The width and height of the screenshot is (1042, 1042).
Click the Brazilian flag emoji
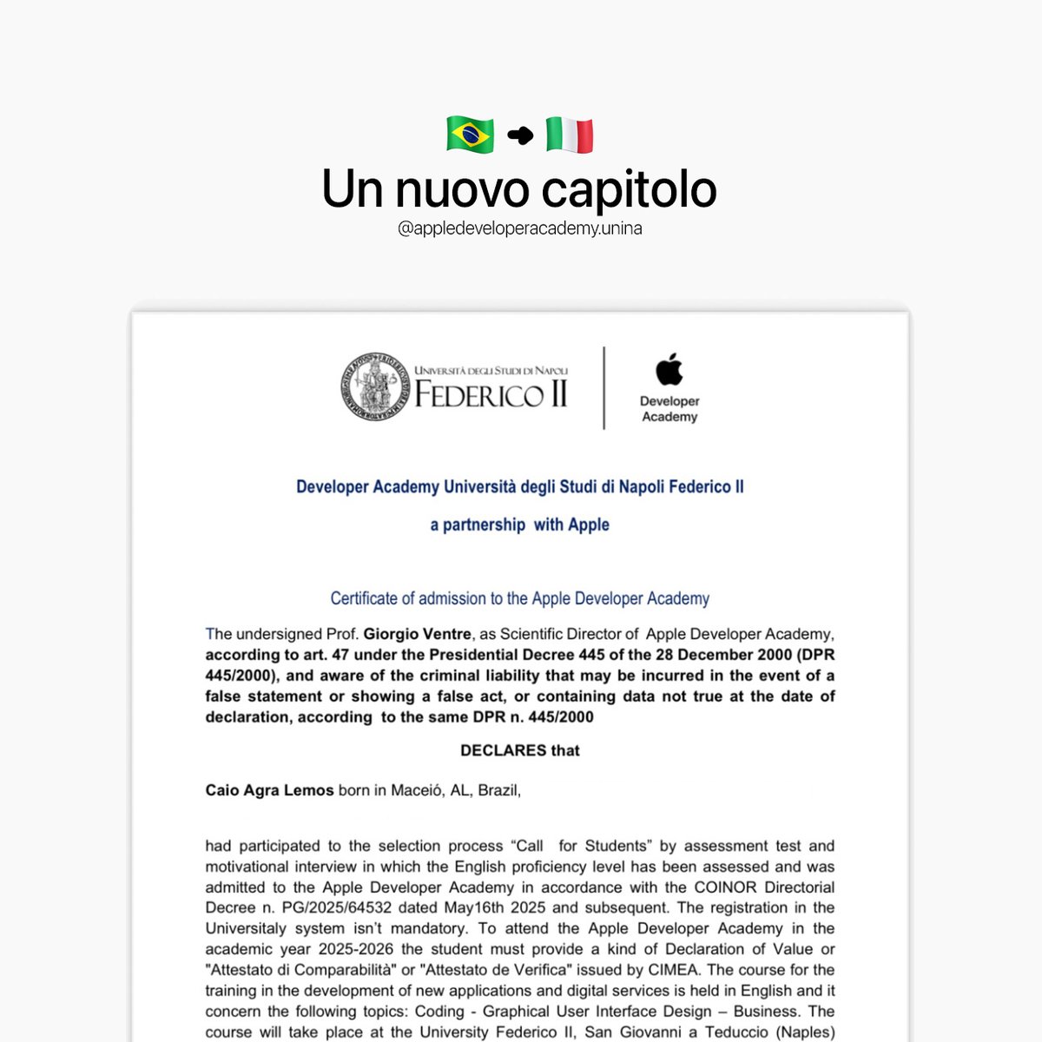470,135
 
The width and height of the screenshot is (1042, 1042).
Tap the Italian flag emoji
570,135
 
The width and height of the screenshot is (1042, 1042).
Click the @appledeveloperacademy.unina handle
519,229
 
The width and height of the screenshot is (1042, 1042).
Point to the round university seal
374,387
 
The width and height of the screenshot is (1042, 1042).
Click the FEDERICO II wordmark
491,395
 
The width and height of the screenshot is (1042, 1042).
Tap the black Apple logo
669,369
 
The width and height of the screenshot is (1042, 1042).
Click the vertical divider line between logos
603,387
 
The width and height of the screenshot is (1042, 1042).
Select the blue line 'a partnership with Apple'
519,524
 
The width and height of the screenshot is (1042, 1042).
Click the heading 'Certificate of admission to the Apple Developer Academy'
519,598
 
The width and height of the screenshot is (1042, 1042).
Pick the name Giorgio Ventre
418,634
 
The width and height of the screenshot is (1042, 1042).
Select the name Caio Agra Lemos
269,790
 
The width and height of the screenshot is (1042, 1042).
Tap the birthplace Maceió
416,790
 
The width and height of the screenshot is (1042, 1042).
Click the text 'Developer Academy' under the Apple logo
669,409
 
